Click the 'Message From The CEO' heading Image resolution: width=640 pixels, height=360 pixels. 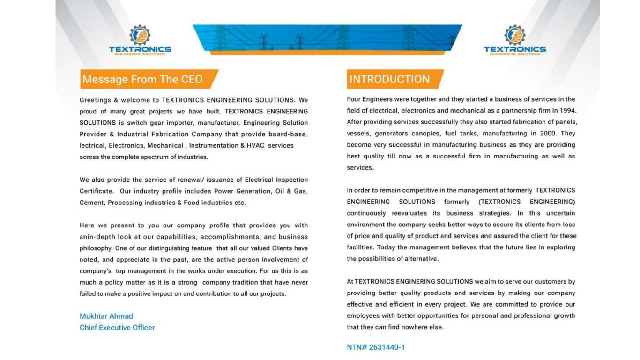pyautogui.click(x=142, y=79)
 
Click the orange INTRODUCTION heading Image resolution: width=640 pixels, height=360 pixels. pyautogui.click(x=389, y=79)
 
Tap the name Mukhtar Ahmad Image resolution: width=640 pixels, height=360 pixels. pyautogui.click(x=106, y=316)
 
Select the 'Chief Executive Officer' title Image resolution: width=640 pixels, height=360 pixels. pyautogui.click(x=117, y=328)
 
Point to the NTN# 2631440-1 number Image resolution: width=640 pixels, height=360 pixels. pyautogui.click(x=376, y=347)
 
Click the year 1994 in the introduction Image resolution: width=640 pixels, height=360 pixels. pyautogui.click(x=567, y=111)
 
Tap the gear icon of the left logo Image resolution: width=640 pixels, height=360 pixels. pyautogui.click(x=140, y=35)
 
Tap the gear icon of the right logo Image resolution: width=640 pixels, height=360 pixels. pyautogui.click(x=514, y=35)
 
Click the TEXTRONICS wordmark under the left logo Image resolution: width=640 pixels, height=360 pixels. pyautogui.click(x=140, y=49)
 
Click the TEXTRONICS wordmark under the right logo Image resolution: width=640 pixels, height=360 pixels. pyautogui.click(x=515, y=49)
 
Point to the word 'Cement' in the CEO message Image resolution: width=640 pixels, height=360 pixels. pyautogui.click(x=92, y=202)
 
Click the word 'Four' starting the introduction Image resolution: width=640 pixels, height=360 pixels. pyautogui.click(x=354, y=99)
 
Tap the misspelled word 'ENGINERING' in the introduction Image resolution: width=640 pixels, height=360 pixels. pyautogui.click(x=416, y=282)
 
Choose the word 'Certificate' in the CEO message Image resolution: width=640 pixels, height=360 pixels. pyautogui.click(x=96, y=191)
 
